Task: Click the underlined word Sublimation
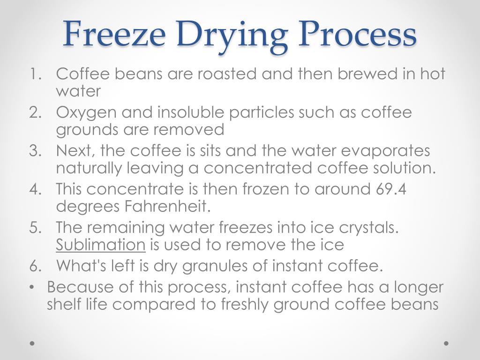coord(101,244)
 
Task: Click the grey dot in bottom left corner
coord(32,343)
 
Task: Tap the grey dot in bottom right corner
coord(446,343)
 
